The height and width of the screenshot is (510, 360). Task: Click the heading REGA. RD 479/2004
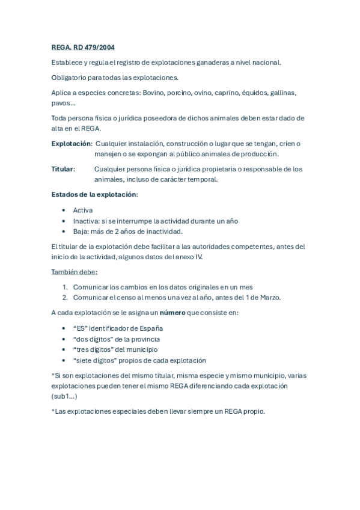[84, 47]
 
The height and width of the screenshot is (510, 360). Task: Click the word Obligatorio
[69, 78]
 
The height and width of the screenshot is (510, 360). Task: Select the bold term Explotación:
[72, 144]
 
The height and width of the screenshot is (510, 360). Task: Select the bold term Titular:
[63, 170]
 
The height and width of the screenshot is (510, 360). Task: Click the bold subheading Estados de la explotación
[94, 195]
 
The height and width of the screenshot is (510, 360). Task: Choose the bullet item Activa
[83, 210]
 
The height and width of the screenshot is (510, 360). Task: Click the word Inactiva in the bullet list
[86, 221]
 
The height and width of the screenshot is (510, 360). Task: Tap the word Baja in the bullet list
[81, 231]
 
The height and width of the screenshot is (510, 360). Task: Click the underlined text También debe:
[75, 272]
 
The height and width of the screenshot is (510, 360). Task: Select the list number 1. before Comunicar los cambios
[65, 287]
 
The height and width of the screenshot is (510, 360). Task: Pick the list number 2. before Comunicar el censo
[65, 297]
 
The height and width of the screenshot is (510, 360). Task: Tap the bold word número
[172, 313]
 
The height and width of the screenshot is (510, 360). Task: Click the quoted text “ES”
[82, 328]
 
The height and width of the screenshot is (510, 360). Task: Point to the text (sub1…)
[64, 396]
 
